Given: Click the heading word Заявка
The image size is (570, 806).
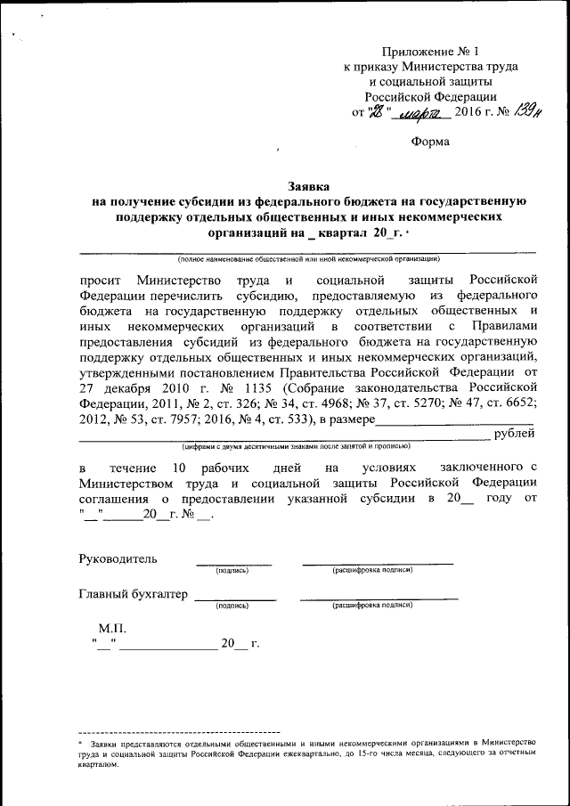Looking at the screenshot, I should click(308, 186).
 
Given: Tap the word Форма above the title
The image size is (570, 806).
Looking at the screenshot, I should click(431, 142).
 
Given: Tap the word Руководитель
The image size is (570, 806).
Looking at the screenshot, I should click(118, 559).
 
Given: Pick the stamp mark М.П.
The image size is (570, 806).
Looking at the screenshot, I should click(113, 628).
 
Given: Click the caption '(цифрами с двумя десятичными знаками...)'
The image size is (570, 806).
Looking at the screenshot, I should click(296, 446).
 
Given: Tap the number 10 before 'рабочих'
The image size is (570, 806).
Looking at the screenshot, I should click(179, 468).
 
